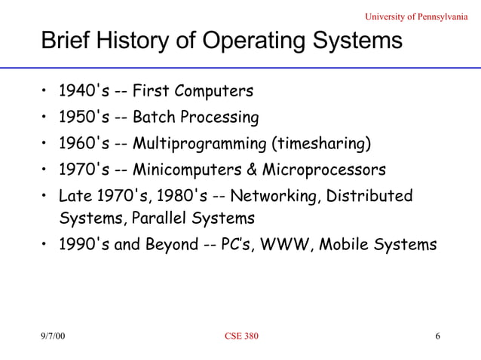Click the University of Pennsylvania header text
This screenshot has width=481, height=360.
(421, 17)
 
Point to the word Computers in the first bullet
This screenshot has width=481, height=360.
(216, 92)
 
